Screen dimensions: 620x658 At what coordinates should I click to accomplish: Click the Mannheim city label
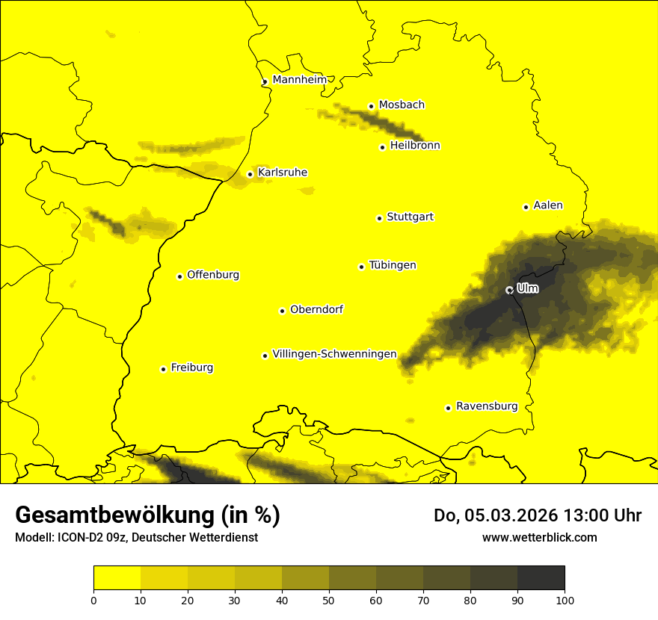299,80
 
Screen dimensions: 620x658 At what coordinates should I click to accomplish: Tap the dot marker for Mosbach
371,106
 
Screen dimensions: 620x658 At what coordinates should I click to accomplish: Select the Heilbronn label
415,146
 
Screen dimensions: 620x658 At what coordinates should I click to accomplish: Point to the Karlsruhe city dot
250,174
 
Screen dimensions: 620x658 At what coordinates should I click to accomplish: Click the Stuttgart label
410,217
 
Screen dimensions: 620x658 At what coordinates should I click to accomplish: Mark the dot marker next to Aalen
526,207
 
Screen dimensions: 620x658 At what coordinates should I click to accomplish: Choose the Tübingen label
393,265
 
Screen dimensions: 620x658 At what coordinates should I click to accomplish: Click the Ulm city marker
509,290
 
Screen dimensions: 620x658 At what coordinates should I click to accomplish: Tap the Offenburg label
213,275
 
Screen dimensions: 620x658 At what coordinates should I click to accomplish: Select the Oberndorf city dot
282,311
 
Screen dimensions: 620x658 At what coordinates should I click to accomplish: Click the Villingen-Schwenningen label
334,354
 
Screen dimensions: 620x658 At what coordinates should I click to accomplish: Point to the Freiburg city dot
163,369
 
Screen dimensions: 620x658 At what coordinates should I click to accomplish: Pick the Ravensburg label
487,406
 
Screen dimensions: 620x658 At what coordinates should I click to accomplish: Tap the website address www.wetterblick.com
539,537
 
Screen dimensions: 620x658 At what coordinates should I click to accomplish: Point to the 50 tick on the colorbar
329,599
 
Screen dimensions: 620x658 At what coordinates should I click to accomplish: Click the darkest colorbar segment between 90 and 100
541,577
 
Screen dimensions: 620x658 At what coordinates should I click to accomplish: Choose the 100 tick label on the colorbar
565,599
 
